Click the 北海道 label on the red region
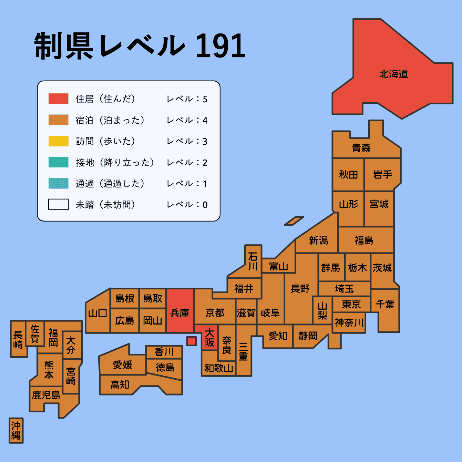point(393,74)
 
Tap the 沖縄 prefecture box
point(16,430)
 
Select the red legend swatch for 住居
point(59,99)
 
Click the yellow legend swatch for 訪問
point(59,141)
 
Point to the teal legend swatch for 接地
point(59,162)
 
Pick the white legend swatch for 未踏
point(59,205)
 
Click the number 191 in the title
point(220,46)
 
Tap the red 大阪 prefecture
point(209,338)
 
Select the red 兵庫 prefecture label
point(180,313)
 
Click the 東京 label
point(351,304)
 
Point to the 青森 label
point(361,148)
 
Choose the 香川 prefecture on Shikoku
point(164,352)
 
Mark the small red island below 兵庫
point(191,341)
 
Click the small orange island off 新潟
point(294,221)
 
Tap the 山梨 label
point(322,311)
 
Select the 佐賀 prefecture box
point(35,333)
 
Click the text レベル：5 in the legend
point(187,99)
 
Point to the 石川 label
point(253,261)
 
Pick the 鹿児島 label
point(46,395)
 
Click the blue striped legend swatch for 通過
point(59,183)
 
